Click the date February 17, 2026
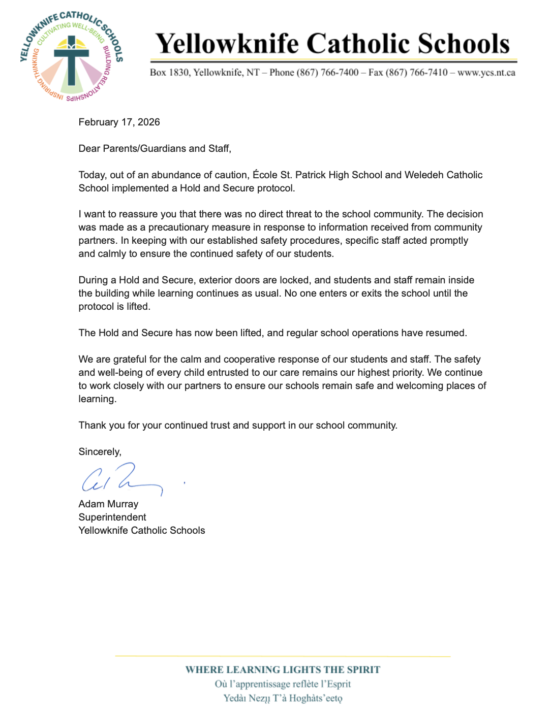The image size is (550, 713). tap(119, 122)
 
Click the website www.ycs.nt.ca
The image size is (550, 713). tap(486, 73)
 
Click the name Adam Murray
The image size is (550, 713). tap(108, 504)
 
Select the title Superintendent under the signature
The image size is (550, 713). tap(112, 517)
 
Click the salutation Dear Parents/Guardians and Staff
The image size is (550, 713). tap(155, 149)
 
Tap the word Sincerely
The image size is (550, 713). tap(100, 452)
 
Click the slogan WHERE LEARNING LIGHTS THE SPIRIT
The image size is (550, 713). tap(283, 670)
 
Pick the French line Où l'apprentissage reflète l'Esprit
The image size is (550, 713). tap(283, 684)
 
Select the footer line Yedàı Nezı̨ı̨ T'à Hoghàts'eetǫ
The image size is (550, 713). tap(283, 698)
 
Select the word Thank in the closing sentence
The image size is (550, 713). tap(92, 426)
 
